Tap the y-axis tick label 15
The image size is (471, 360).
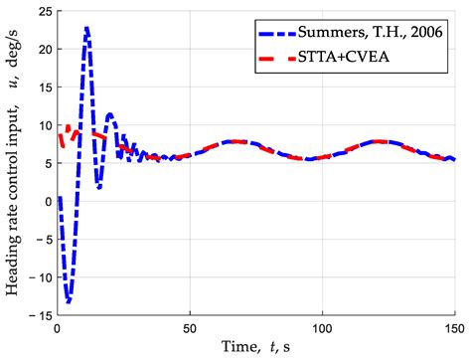43,89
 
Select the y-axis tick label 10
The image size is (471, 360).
43,126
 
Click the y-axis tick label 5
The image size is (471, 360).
47,163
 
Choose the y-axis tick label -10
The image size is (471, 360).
40,276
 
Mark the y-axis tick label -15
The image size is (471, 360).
40,314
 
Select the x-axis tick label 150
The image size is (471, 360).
453,327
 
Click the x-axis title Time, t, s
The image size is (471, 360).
256,347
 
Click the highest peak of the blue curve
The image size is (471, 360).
87,29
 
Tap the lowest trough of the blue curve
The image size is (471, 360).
68,300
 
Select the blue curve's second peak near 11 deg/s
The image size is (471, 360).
110,114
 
